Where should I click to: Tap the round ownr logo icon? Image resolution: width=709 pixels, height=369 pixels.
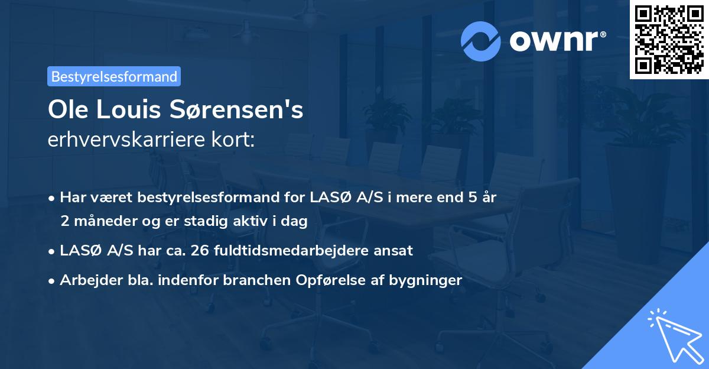click(482, 41)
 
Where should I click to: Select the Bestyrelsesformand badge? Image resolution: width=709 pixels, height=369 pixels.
click(113, 76)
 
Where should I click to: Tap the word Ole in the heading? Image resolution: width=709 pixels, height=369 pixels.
click(66, 111)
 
